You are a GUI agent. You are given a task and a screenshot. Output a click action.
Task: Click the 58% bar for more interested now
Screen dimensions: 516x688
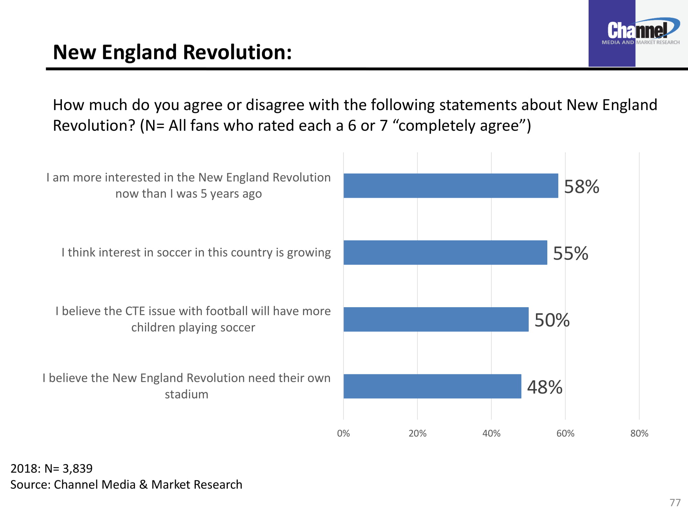click(x=451, y=186)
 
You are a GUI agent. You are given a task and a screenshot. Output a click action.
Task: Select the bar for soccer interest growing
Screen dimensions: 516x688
click(x=445, y=252)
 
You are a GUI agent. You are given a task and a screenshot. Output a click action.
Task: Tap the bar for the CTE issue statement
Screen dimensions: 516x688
click(x=436, y=319)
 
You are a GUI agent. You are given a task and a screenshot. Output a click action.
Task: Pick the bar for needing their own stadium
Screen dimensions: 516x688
click(x=432, y=386)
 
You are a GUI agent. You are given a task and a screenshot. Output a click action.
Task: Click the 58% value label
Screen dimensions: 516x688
click(x=581, y=187)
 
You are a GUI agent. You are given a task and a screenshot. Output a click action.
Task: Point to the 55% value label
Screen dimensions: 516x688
click(x=570, y=254)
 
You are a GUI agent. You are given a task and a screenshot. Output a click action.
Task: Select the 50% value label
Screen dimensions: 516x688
click(x=552, y=320)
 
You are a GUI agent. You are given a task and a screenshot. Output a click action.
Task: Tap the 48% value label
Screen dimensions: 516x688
click(x=545, y=387)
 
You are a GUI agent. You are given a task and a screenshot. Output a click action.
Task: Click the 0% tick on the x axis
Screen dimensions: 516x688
click(x=343, y=433)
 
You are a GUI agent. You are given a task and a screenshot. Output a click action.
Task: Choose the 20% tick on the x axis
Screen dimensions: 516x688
click(x=417, y=433)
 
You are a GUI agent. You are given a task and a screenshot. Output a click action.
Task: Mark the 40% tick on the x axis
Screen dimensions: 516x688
click(x=491, y=433)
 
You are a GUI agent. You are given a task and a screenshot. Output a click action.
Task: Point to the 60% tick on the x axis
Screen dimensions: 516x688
click(x=565, y=433)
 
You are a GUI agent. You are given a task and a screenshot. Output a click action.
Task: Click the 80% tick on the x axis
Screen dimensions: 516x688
click(x=639, y=433)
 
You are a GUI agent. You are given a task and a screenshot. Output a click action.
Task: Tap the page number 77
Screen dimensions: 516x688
click(x=675, y=503)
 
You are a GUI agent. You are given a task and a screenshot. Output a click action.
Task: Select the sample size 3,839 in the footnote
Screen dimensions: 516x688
click(x=77, y=469)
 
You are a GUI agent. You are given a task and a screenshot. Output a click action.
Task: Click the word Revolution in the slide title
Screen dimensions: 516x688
click(x=237, y=52)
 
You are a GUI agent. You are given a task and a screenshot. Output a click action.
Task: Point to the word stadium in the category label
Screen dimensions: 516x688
click(x=186, y=394)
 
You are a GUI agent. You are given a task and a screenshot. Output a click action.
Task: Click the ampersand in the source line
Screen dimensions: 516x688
click(x=143, y=485)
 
